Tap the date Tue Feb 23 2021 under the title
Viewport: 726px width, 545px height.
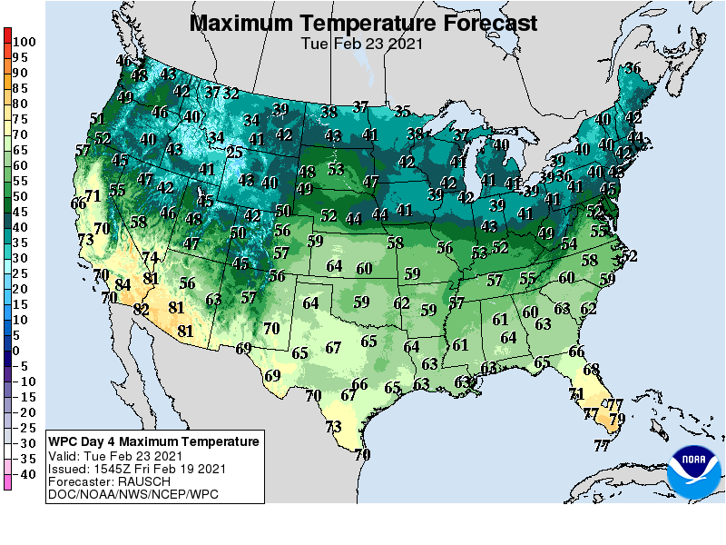[x=362, y=43]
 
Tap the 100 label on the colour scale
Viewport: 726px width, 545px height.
[x=25, y=41]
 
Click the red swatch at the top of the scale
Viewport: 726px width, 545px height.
[x=8, y=36]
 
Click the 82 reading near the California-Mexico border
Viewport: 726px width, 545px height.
[x=141, y=309]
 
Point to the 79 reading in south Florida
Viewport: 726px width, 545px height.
[x=617, y=419]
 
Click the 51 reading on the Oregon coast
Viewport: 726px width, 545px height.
[x=98, y=118]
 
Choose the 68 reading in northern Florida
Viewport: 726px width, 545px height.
[x=592, y=369]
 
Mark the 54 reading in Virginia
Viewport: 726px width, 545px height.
[x=569, y=243]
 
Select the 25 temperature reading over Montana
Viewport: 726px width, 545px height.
[x=234, y=153]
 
